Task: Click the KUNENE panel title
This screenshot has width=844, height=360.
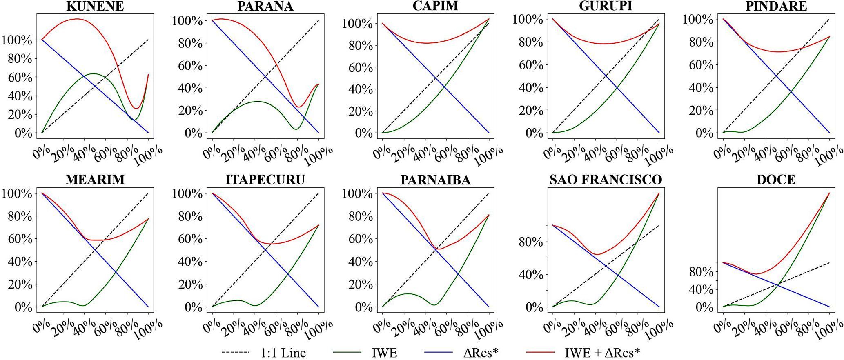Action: [x=95, y=6]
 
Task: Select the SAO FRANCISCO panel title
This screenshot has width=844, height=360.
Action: [x=606, y=180]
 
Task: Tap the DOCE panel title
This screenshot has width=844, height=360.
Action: [x=776, y=180]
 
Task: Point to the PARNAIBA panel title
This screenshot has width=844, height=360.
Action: [x=435, y=180]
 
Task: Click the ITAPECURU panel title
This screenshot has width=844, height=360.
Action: [x=265, y=180]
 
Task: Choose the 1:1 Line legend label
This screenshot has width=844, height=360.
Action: [x=283, y=353]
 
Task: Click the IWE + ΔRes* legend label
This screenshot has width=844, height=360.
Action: [x=602, y=353]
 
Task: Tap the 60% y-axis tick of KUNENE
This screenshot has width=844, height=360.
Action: [x=17, y=77]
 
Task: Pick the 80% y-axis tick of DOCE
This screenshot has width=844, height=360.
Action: [x=701, y=272]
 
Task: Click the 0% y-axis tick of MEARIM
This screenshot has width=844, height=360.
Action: [x=23, y=307]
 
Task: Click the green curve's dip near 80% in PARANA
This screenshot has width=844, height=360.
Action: [x=296, y=129]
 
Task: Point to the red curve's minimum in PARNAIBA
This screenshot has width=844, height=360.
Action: [x=439, y=249]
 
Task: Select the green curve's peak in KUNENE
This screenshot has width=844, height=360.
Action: [x=94, y=74]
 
